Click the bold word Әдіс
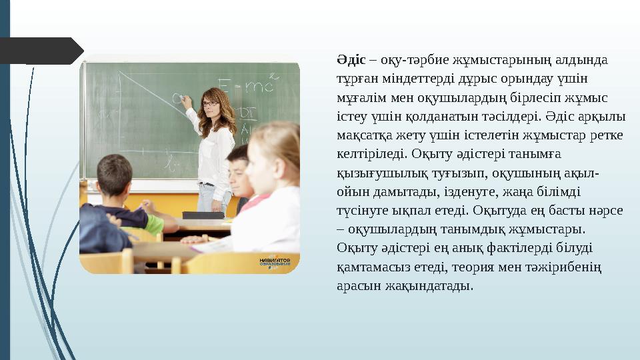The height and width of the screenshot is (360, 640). click(351, 60)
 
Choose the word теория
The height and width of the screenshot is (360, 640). click(497, 267)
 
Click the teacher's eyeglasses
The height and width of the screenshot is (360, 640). click(210, 103)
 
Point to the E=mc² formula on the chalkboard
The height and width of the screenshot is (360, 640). click(247, 85)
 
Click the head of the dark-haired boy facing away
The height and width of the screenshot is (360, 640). click(114, 174)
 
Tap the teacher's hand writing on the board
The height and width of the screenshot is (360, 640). click(187, 101)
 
